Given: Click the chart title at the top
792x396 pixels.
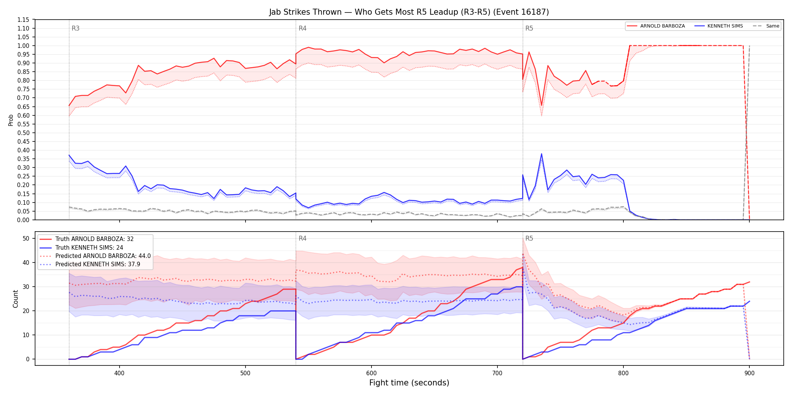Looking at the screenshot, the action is click(409, 12).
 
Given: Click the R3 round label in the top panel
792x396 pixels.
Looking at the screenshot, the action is click(75, 28).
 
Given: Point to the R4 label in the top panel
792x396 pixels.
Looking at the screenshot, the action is click(302, 28).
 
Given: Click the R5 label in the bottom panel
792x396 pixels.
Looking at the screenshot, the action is click(529, 238).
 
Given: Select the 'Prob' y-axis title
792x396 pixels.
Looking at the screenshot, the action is click(11, 120).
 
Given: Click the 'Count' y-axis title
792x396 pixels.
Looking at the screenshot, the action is click(15, 299).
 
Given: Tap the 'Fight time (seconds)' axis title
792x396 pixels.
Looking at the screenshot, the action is click(409, 383).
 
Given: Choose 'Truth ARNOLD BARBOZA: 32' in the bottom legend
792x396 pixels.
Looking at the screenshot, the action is click(94, 239).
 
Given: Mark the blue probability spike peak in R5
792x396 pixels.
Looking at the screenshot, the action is click(542, 153).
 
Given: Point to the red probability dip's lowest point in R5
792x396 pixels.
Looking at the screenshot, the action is click(542, 106).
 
